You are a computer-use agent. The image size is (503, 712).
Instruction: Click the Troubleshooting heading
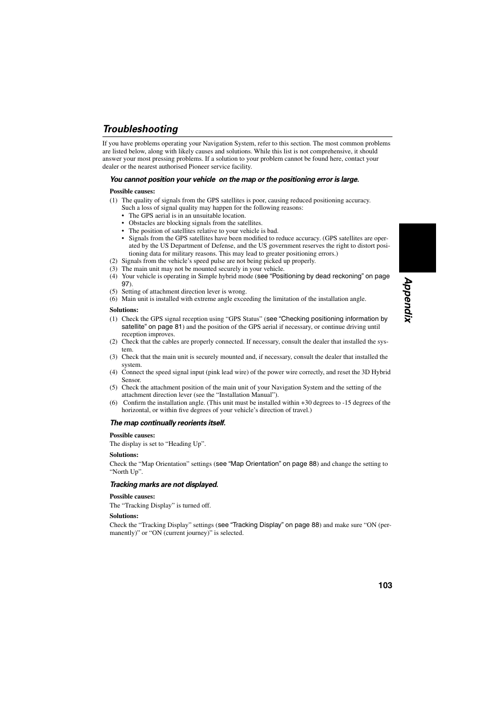coord(140,129)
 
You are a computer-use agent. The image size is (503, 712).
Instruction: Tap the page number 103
coord(385,586)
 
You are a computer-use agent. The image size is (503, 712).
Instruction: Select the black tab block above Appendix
coord(417,248)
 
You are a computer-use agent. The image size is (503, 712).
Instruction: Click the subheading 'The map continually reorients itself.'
coord(168,423)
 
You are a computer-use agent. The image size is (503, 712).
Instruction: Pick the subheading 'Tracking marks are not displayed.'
coord(164,484)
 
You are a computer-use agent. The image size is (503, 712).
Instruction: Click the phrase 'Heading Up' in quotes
coord(186,444)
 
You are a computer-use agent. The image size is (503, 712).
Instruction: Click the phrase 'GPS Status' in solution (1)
coord(244,319)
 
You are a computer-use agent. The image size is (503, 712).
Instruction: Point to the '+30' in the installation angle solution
coord(306,403)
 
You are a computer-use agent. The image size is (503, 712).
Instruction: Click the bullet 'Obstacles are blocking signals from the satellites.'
coord(195,223)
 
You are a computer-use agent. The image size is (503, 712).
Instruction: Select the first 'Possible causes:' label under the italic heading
coord(132,191)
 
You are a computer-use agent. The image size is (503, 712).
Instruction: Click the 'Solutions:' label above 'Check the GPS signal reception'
coord(124,310)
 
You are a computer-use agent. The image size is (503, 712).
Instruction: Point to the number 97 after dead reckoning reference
coord(125,284)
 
